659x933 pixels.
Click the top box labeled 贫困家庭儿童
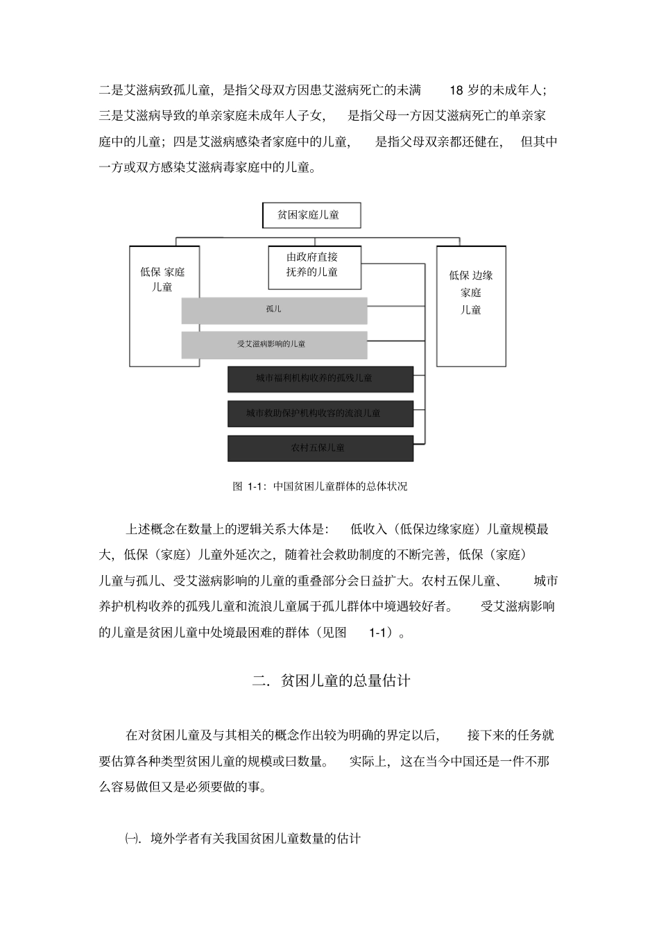(x=311, y=215)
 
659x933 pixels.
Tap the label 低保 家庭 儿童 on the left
(x=162, y=280)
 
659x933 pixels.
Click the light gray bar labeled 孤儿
(x=274, y=310)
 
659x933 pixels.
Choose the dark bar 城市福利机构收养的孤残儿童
(x=320, y=379)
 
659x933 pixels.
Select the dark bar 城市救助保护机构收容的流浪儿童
(x=320, y=413)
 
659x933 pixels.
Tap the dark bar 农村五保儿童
(x=320, y=448)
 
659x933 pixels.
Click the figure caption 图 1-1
(x=320, y=486)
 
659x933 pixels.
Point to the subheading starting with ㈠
(x=242, y=839)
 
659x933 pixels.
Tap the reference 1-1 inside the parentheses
(x=380, y=633)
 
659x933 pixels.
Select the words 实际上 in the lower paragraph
(x=370, y=761)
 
